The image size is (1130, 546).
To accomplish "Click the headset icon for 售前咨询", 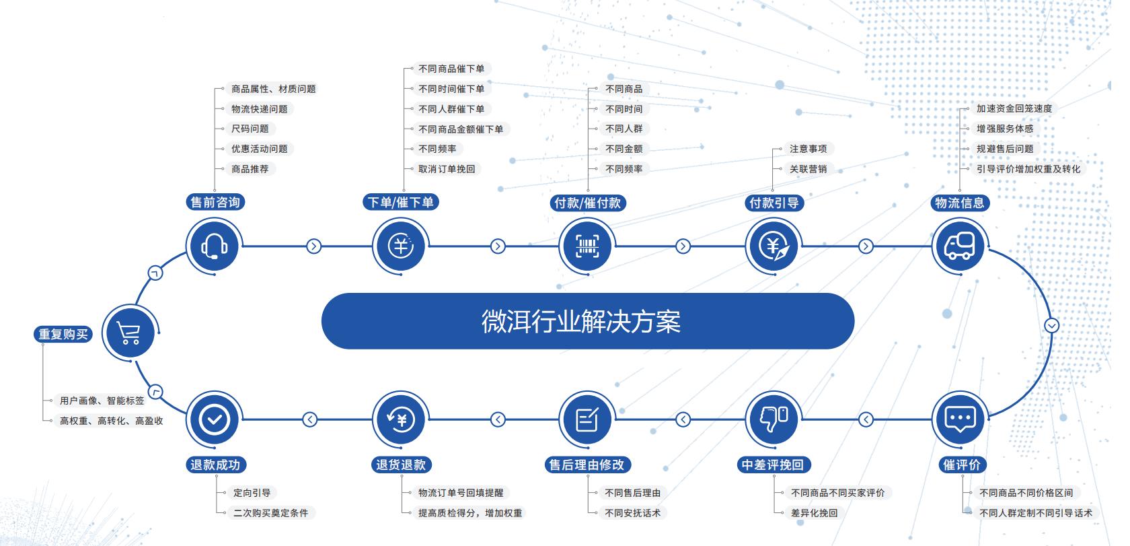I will [214, 246].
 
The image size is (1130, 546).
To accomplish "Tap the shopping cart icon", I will [129, 332].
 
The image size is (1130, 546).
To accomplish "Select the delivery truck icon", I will [959, 246].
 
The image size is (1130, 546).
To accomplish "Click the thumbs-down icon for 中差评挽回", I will [773, 419].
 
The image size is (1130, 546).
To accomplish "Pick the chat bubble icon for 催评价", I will [959, 419].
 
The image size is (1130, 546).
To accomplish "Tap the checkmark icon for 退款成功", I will [214, 419].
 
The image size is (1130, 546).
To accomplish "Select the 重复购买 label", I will [63, 335].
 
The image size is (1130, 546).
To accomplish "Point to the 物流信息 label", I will [959, 203].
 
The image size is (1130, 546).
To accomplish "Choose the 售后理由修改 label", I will [587, 465].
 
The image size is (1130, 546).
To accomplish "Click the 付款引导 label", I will [774, 203].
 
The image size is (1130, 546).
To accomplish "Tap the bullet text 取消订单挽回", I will [447, 169].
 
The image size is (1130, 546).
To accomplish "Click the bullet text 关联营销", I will [808, 169].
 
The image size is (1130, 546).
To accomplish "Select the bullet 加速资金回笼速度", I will [1014, 108].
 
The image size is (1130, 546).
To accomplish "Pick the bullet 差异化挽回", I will [814, 513].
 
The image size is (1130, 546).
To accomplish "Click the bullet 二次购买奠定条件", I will [270, 513].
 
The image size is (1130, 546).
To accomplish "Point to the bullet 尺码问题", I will [250, 129].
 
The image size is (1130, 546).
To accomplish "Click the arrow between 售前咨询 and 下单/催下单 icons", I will [313, 246].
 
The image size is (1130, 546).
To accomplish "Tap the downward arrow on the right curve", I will [1052, 326].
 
